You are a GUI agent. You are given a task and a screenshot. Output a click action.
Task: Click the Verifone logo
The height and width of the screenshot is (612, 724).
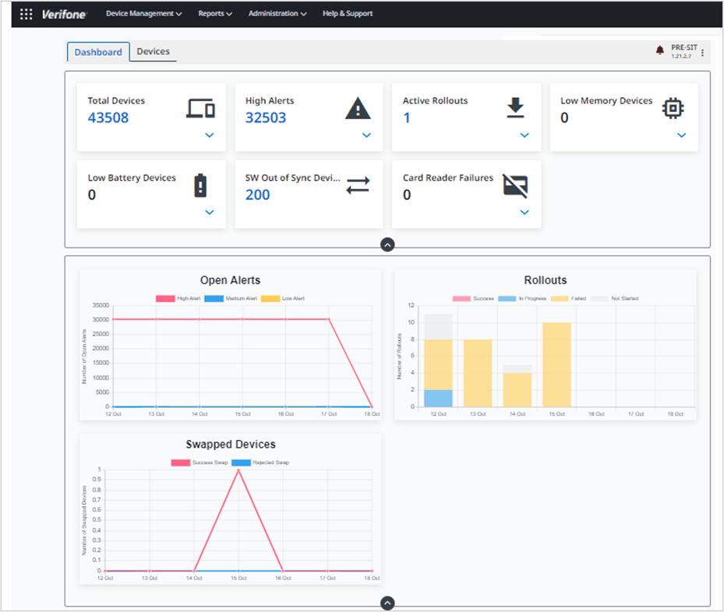65,14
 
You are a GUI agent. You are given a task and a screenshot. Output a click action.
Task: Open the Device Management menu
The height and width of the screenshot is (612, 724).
143,13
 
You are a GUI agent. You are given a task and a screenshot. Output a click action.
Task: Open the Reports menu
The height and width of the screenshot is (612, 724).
215,13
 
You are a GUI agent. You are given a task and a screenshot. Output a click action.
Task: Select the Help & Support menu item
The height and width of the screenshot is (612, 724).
348,13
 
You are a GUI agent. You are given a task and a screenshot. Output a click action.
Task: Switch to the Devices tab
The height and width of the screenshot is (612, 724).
153,51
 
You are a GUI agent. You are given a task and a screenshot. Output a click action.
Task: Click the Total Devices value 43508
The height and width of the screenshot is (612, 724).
108,118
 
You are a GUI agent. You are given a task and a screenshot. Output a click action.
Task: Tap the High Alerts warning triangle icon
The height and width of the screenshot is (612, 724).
358,109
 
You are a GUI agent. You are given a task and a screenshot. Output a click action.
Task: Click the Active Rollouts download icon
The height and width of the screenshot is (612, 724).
516,108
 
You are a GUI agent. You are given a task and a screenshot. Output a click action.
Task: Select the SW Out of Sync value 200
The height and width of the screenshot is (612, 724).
258,195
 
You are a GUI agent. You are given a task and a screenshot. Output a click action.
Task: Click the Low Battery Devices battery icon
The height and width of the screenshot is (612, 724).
201,185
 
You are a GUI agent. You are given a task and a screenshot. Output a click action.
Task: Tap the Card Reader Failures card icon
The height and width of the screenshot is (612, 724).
515,185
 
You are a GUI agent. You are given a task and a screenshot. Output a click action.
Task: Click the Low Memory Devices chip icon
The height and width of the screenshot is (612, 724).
673,108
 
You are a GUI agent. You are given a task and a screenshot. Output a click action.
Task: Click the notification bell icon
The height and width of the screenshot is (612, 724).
660,51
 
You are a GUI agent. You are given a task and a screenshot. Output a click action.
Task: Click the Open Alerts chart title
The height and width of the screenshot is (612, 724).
230,280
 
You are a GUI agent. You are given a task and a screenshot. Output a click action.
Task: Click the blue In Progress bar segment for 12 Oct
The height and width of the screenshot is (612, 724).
438,398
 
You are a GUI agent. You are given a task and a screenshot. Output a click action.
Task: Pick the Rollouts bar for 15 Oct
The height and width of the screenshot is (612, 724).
556,364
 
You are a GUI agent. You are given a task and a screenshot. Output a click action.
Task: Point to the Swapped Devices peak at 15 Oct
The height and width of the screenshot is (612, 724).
238,470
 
